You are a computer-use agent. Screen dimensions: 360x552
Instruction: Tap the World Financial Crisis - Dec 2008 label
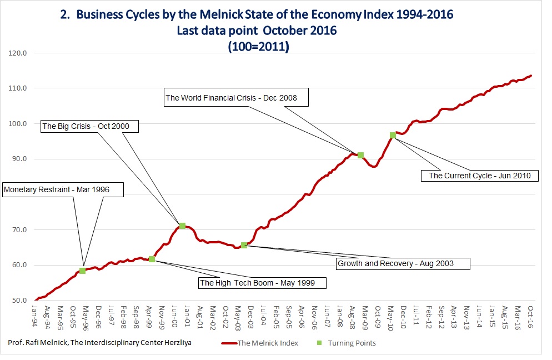point(232,98)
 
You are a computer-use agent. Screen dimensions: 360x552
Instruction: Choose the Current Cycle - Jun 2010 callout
point(480,176)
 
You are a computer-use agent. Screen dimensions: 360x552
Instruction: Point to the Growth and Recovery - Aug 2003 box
point(403,263)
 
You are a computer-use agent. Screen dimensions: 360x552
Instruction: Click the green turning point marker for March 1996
point(83,271)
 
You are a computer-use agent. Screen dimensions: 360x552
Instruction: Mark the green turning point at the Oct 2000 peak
point(182,226)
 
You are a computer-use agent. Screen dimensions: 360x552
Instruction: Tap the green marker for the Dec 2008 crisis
point(360,155)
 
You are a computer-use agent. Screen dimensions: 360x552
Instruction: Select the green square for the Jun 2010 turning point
point(393,135)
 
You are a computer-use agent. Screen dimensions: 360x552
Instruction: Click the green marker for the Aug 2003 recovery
point(244,245)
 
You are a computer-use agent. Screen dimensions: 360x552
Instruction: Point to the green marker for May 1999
point(152,259)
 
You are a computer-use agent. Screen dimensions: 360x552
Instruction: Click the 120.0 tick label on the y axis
point(20,53)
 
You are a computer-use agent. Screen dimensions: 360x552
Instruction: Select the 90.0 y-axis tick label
point(20,159)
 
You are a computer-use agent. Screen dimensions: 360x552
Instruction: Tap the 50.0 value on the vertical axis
point(20,301)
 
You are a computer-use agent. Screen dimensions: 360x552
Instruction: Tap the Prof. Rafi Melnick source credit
point(100,343)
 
